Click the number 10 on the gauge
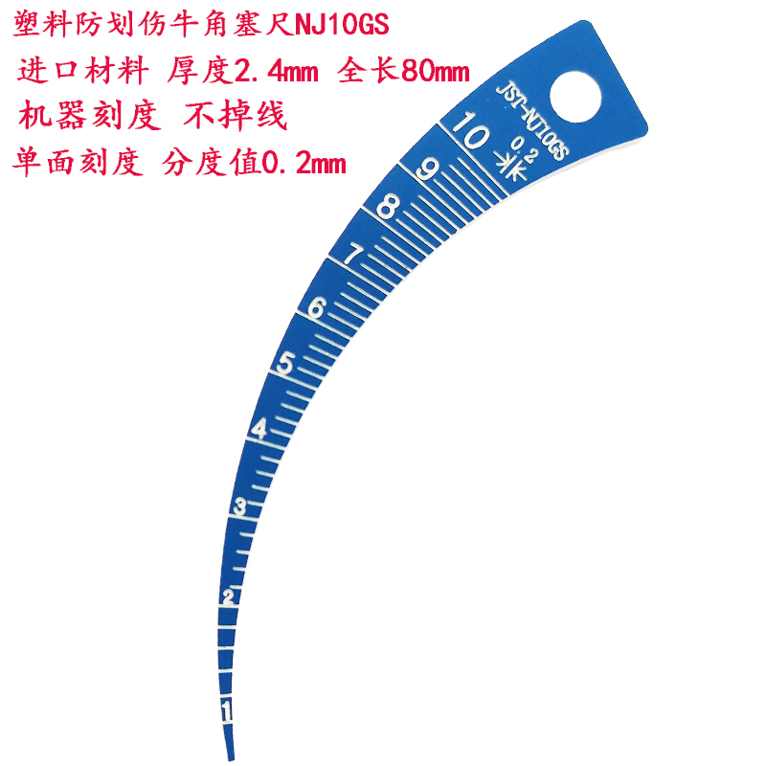point(472,132)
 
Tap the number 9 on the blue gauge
point(428,169)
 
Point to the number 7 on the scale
point(352,255)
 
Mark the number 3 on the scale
point(241,506)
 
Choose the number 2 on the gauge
point(229,597)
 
